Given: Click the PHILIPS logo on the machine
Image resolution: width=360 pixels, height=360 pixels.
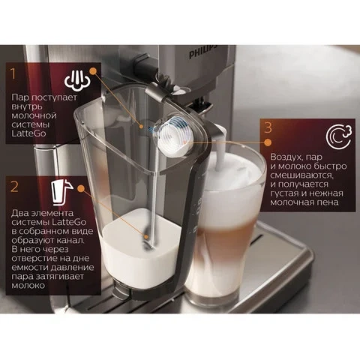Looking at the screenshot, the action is click(203, 52).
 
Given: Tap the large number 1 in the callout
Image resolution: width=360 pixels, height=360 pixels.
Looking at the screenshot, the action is click(13, 73).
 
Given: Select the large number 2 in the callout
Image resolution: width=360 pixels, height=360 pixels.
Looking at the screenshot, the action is click(14, 186).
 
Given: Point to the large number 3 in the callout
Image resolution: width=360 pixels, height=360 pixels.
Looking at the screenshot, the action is click(268, 127).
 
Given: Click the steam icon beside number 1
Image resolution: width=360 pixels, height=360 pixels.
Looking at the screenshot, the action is click(77, 79).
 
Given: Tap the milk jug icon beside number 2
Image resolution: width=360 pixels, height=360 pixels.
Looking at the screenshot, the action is click(61, 192).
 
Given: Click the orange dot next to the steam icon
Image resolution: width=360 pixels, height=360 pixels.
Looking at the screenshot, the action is click(93, 71).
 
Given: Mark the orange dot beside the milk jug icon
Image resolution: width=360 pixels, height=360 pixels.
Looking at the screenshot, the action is click(81, 189).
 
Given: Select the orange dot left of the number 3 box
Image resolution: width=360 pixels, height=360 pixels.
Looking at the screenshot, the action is click(268, 142).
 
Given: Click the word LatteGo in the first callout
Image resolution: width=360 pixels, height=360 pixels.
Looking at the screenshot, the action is click(28, 133).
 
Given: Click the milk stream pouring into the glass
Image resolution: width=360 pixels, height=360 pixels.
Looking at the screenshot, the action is click(220, 155).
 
